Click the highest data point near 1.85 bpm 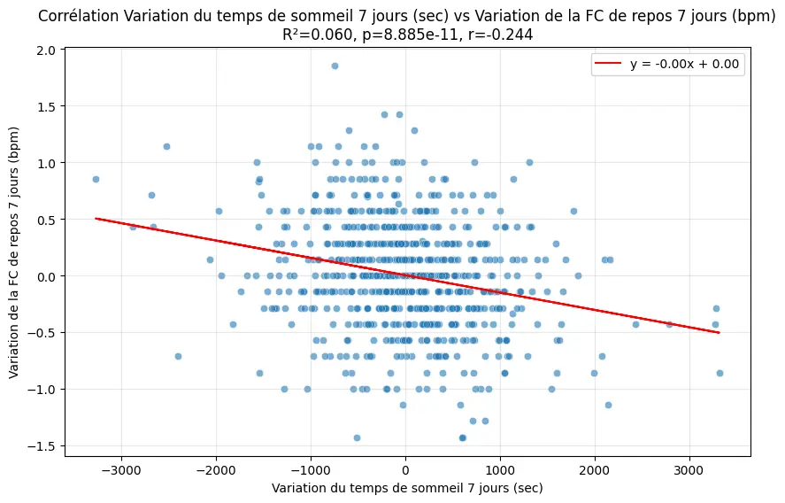[335, 66]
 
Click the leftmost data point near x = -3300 [96, 179]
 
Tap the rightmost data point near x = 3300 [720, 373]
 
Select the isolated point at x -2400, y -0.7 [178, 356]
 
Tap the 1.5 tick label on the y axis [46, 106]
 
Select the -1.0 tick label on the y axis [42, 390]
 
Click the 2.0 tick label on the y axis [46, 50]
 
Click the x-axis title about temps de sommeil [407, 488]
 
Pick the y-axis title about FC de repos [15, 251]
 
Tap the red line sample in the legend [611, 65]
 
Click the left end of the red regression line [96, 218]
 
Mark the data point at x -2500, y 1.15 [166, 146]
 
